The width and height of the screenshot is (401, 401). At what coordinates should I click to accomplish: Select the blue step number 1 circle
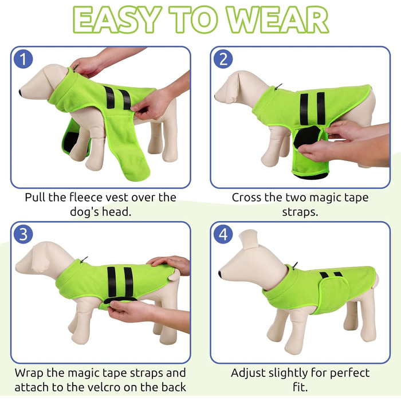coord(23,60)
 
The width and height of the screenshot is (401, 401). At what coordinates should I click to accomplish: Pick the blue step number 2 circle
coord(223,60)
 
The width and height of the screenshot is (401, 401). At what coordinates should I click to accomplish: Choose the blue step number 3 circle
coord(23,234)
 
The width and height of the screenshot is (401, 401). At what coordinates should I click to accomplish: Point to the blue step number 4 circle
coord(223,234)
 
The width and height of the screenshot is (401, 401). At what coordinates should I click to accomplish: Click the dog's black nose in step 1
coord(21,93)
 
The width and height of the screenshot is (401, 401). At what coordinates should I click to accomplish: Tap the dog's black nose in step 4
coord(220,274)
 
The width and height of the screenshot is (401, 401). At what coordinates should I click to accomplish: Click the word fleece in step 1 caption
coord(85,197)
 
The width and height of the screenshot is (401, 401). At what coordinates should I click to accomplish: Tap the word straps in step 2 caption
coord(300,213)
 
